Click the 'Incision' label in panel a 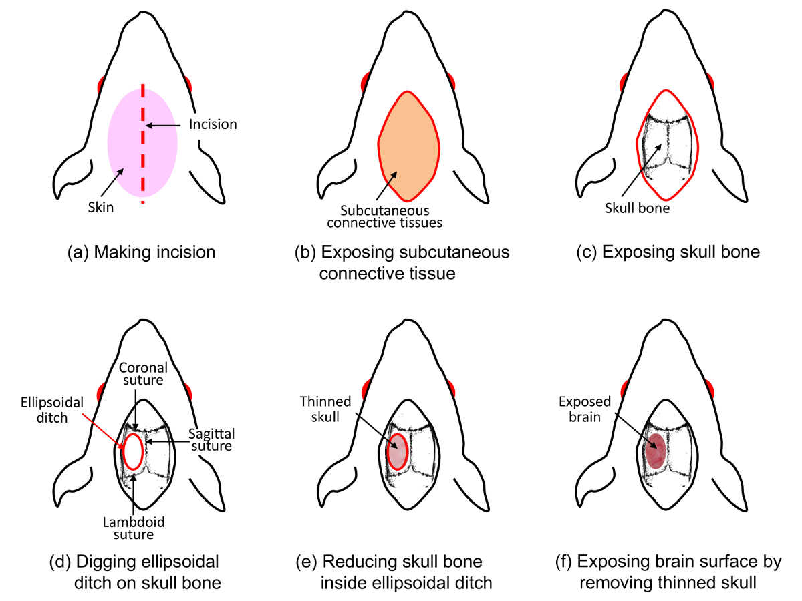pos(213,124)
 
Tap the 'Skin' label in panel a pos(102,207)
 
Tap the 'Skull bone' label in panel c pos(637,208)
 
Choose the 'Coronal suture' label pos(142,373)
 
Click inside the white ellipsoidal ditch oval pos(133,452)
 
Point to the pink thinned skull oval pos(397,452)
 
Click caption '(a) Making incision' pos(142,252)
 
